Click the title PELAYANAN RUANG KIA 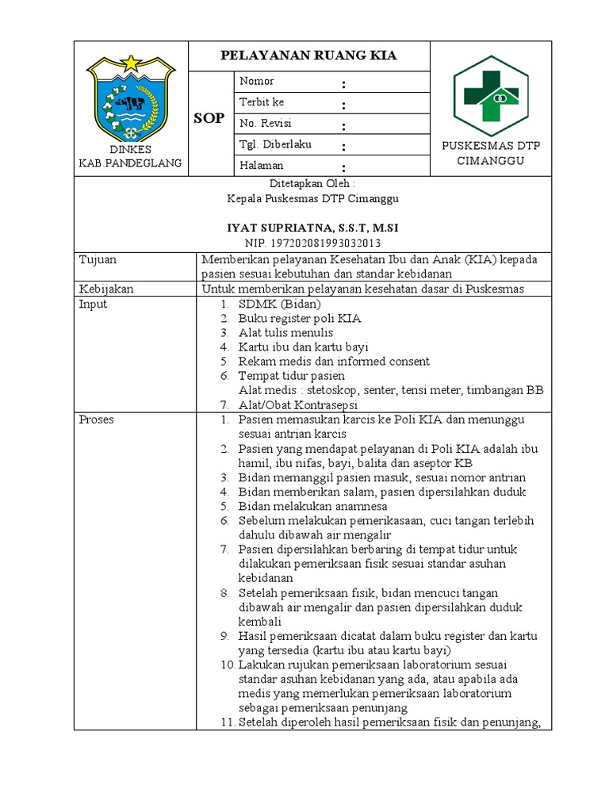308,56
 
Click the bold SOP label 209,118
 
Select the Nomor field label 256,81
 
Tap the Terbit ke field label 261,102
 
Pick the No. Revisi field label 261,123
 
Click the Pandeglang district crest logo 129,98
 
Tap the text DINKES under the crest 130,150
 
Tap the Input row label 93,304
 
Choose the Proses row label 96,419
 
